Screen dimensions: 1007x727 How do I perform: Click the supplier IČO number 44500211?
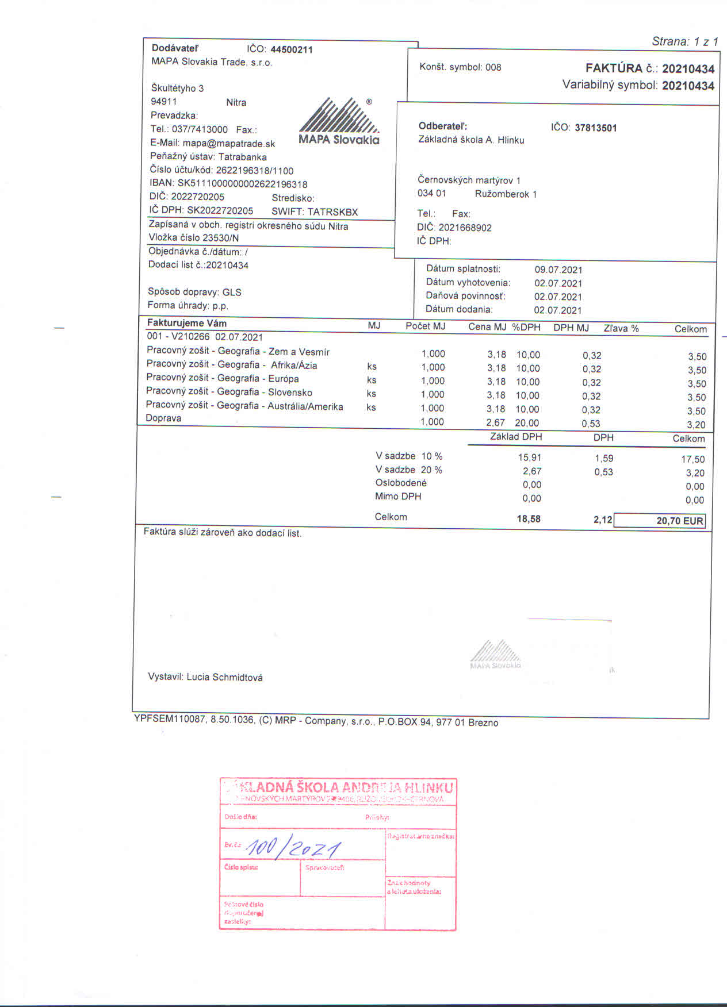pos(291,49)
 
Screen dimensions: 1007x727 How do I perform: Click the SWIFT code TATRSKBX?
pos(332,212)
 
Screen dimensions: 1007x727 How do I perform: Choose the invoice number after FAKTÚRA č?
pos(688,69)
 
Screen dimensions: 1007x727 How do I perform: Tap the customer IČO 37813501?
pos(595,128)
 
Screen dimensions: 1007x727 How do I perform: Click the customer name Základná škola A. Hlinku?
pos(471,140)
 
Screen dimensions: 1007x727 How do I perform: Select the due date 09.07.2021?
pos(558,270)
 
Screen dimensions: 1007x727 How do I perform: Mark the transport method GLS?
pos(232,292)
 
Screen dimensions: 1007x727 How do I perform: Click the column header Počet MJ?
pos(425,326)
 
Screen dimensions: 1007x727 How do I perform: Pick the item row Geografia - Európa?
pos(222,378)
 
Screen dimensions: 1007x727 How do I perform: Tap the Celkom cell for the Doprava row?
pos(696,425)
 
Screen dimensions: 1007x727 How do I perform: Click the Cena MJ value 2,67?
pos(495,422)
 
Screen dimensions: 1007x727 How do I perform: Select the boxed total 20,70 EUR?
pos(660,521)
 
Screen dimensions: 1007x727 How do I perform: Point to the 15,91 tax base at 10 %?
pos(529,458)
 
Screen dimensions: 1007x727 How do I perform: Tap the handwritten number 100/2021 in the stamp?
pos(293,847)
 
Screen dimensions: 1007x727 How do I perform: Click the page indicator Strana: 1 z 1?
pos(684,41)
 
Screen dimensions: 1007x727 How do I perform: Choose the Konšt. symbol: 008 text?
pos(460,67)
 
